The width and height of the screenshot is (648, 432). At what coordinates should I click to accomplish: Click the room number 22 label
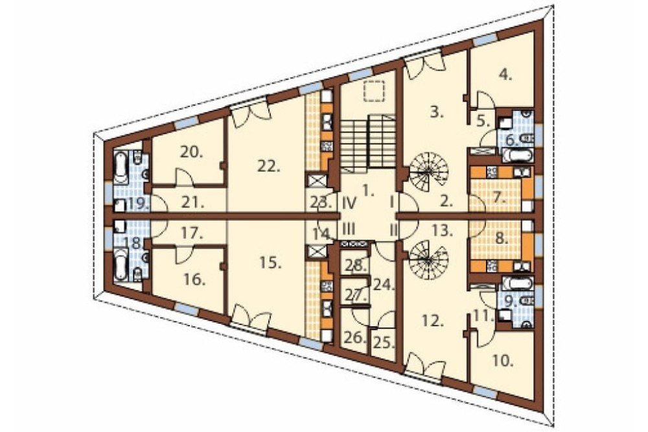[268, 166]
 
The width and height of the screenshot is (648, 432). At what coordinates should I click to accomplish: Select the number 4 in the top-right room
[505, 75]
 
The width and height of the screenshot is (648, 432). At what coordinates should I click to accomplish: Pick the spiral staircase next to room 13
[429, 260]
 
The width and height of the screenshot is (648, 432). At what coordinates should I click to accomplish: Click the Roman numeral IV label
[351, 203]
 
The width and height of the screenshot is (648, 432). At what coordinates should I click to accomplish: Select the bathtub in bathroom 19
[121, 168]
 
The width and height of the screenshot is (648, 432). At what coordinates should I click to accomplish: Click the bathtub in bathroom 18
[121, 263]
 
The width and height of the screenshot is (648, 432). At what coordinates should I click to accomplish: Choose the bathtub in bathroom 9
[516, 283]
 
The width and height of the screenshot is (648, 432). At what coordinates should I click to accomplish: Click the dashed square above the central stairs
[374, 91]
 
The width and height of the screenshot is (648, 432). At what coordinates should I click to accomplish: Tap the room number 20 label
[191, 152]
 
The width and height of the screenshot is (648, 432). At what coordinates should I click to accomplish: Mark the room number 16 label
[195, 280]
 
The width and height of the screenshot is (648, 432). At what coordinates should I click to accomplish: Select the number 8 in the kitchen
[501, 239]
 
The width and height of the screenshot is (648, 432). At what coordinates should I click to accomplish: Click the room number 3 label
[436, 112]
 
